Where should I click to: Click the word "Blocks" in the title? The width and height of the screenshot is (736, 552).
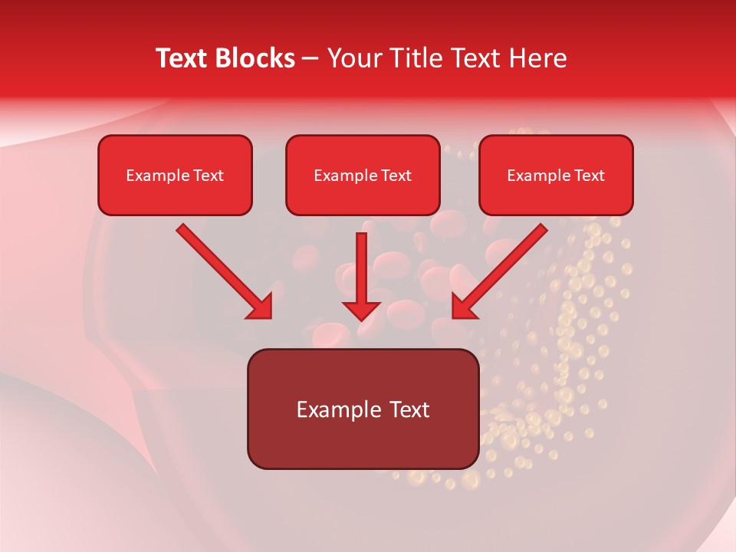pos(258,58)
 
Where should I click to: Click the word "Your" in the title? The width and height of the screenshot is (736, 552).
pos(355,58)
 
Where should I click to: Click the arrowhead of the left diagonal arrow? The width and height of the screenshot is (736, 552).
pos(261,307)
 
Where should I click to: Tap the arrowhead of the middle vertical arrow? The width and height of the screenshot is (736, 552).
pos(361,310)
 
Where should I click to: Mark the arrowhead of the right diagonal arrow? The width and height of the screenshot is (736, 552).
pos(464,307)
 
